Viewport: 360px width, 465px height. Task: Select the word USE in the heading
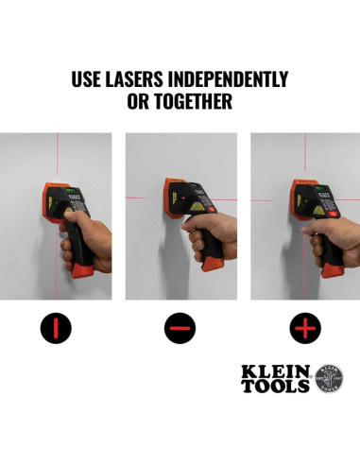pyautogui.click(x=88, y=79)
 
